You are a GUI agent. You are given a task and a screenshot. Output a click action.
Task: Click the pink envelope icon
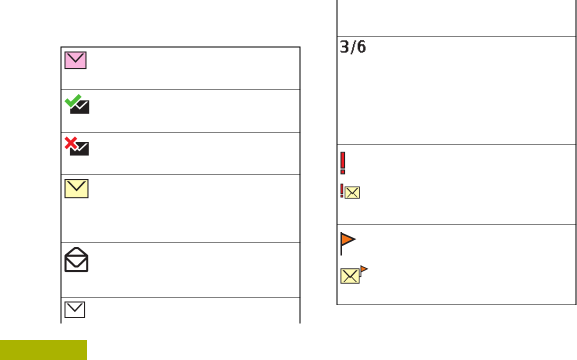click(x=75, y=60)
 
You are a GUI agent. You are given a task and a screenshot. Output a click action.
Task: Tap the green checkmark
click(x=72, y=100)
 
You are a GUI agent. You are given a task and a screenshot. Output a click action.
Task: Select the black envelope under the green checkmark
click(x=80, y=107)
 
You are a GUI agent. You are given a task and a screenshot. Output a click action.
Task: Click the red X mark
click(x=71, y=143)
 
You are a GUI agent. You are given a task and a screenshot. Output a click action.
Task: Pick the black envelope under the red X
click(x=80, y=149)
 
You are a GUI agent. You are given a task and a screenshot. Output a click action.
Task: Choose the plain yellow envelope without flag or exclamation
click(x=76, y=188)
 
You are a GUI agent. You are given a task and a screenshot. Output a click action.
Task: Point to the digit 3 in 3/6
click(x=345, y=47)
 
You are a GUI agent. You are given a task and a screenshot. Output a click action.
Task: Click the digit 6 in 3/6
click(x=361, y=47)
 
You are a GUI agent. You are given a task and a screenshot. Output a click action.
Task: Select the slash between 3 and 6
click(x=353, y=47)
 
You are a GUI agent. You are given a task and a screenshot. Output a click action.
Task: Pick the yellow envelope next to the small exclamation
click(x=352, y=193)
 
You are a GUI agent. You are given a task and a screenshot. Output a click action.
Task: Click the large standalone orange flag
click(x=347, y=241)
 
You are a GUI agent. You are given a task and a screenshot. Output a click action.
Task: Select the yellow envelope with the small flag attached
click(x=350, y=276)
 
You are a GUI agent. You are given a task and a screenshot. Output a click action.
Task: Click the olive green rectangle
click(x=43, y=350)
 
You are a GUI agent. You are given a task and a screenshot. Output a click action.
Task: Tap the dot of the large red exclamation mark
click(x=342, y=172)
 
